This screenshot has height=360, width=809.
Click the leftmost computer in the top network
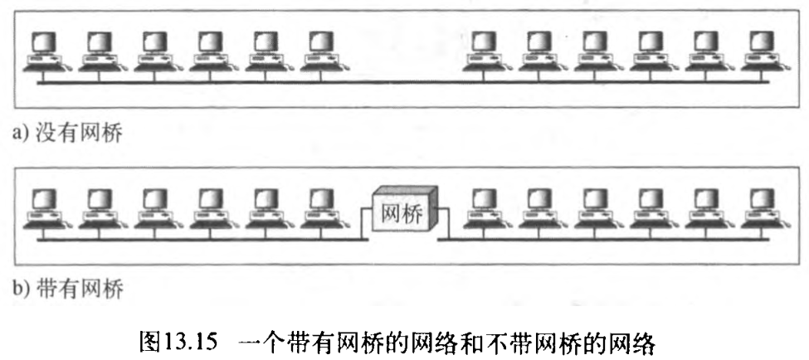43,51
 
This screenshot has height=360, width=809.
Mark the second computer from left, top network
99,51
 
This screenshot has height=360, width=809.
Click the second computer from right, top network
708,51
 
